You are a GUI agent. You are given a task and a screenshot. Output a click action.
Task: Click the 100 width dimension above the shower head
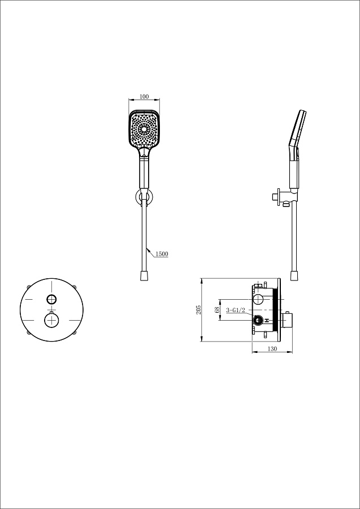click(x=144, y=96)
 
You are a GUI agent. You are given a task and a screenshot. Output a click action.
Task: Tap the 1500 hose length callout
click(x=162, y=254)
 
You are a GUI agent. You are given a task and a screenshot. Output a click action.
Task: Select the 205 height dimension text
click(x=199, y=309)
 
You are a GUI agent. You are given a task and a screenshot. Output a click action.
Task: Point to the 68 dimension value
click(x=217, y=309)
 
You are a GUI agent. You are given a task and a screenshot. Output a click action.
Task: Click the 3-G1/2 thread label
click(x=236, y=310)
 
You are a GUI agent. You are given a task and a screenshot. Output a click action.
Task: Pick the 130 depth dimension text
click(x=272, y=349)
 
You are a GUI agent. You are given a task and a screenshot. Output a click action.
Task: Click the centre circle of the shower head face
click(x=144, y=129)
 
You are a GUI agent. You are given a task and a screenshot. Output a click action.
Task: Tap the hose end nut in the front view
click(x=144, y=276)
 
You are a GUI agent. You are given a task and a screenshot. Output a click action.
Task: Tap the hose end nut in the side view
click(x=294, y=276)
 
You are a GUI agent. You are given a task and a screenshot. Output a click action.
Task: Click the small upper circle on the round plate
click(x=51, y=299)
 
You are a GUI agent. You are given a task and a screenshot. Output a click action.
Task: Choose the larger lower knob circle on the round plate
click(x=51, y=321)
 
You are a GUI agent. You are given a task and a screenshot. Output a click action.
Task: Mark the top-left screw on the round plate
click(x=29, y=287)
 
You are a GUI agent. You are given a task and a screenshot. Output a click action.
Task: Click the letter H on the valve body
click(x=267, y=321)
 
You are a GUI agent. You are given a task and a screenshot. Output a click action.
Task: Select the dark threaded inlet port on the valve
click(x=258, y=321)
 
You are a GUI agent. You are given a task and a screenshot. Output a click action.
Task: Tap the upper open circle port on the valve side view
click(x=258, y=299)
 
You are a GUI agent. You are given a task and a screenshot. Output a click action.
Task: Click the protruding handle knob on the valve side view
click(x=287, y=321)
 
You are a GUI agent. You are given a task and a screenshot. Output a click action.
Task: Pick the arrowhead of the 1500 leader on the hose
click(x=148, y=249)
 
